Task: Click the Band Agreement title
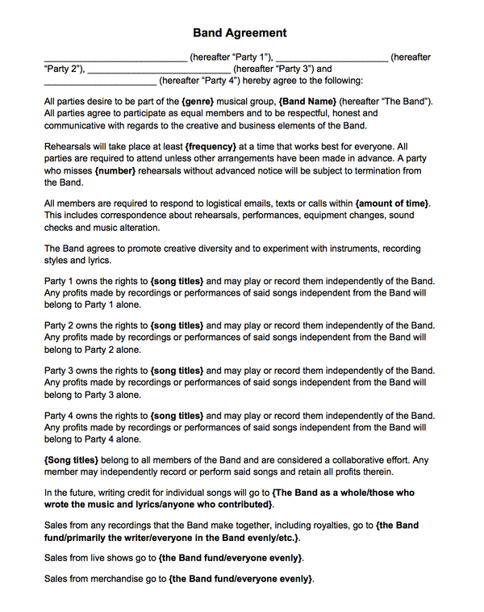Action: point(240,33)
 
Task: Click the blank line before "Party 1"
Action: point(115,58)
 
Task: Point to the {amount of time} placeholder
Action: point(392,203)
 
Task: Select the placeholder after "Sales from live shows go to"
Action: point(231,558)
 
